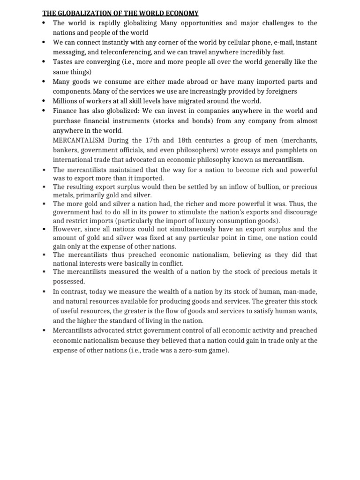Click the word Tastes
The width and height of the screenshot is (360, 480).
click(62, 62)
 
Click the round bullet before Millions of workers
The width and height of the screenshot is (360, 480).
click(43, 101)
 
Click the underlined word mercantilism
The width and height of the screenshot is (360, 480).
click(283, 160)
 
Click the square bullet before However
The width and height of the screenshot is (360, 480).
click(43, 229)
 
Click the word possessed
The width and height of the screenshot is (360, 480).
click(69, 281)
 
